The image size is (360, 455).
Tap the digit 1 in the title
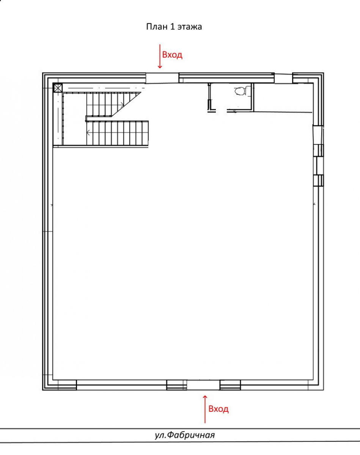pos(172,27)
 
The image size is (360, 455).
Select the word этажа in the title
pos(190,27)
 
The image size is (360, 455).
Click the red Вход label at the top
pos(172,55)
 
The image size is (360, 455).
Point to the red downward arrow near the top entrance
pos(160,56)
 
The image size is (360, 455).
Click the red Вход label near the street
pos(219,409)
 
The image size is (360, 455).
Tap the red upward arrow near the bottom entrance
pos(205,409)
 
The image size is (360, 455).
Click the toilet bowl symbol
pos(240,91)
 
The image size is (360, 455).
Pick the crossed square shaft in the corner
pos(58,88)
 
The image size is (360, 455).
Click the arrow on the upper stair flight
pos(122,104)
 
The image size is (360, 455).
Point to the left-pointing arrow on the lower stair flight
pos(88,133)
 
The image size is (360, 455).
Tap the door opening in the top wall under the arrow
pos(162,78)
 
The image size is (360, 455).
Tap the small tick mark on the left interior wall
pos(52,205)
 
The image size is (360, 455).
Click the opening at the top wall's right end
pos(283,78)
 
